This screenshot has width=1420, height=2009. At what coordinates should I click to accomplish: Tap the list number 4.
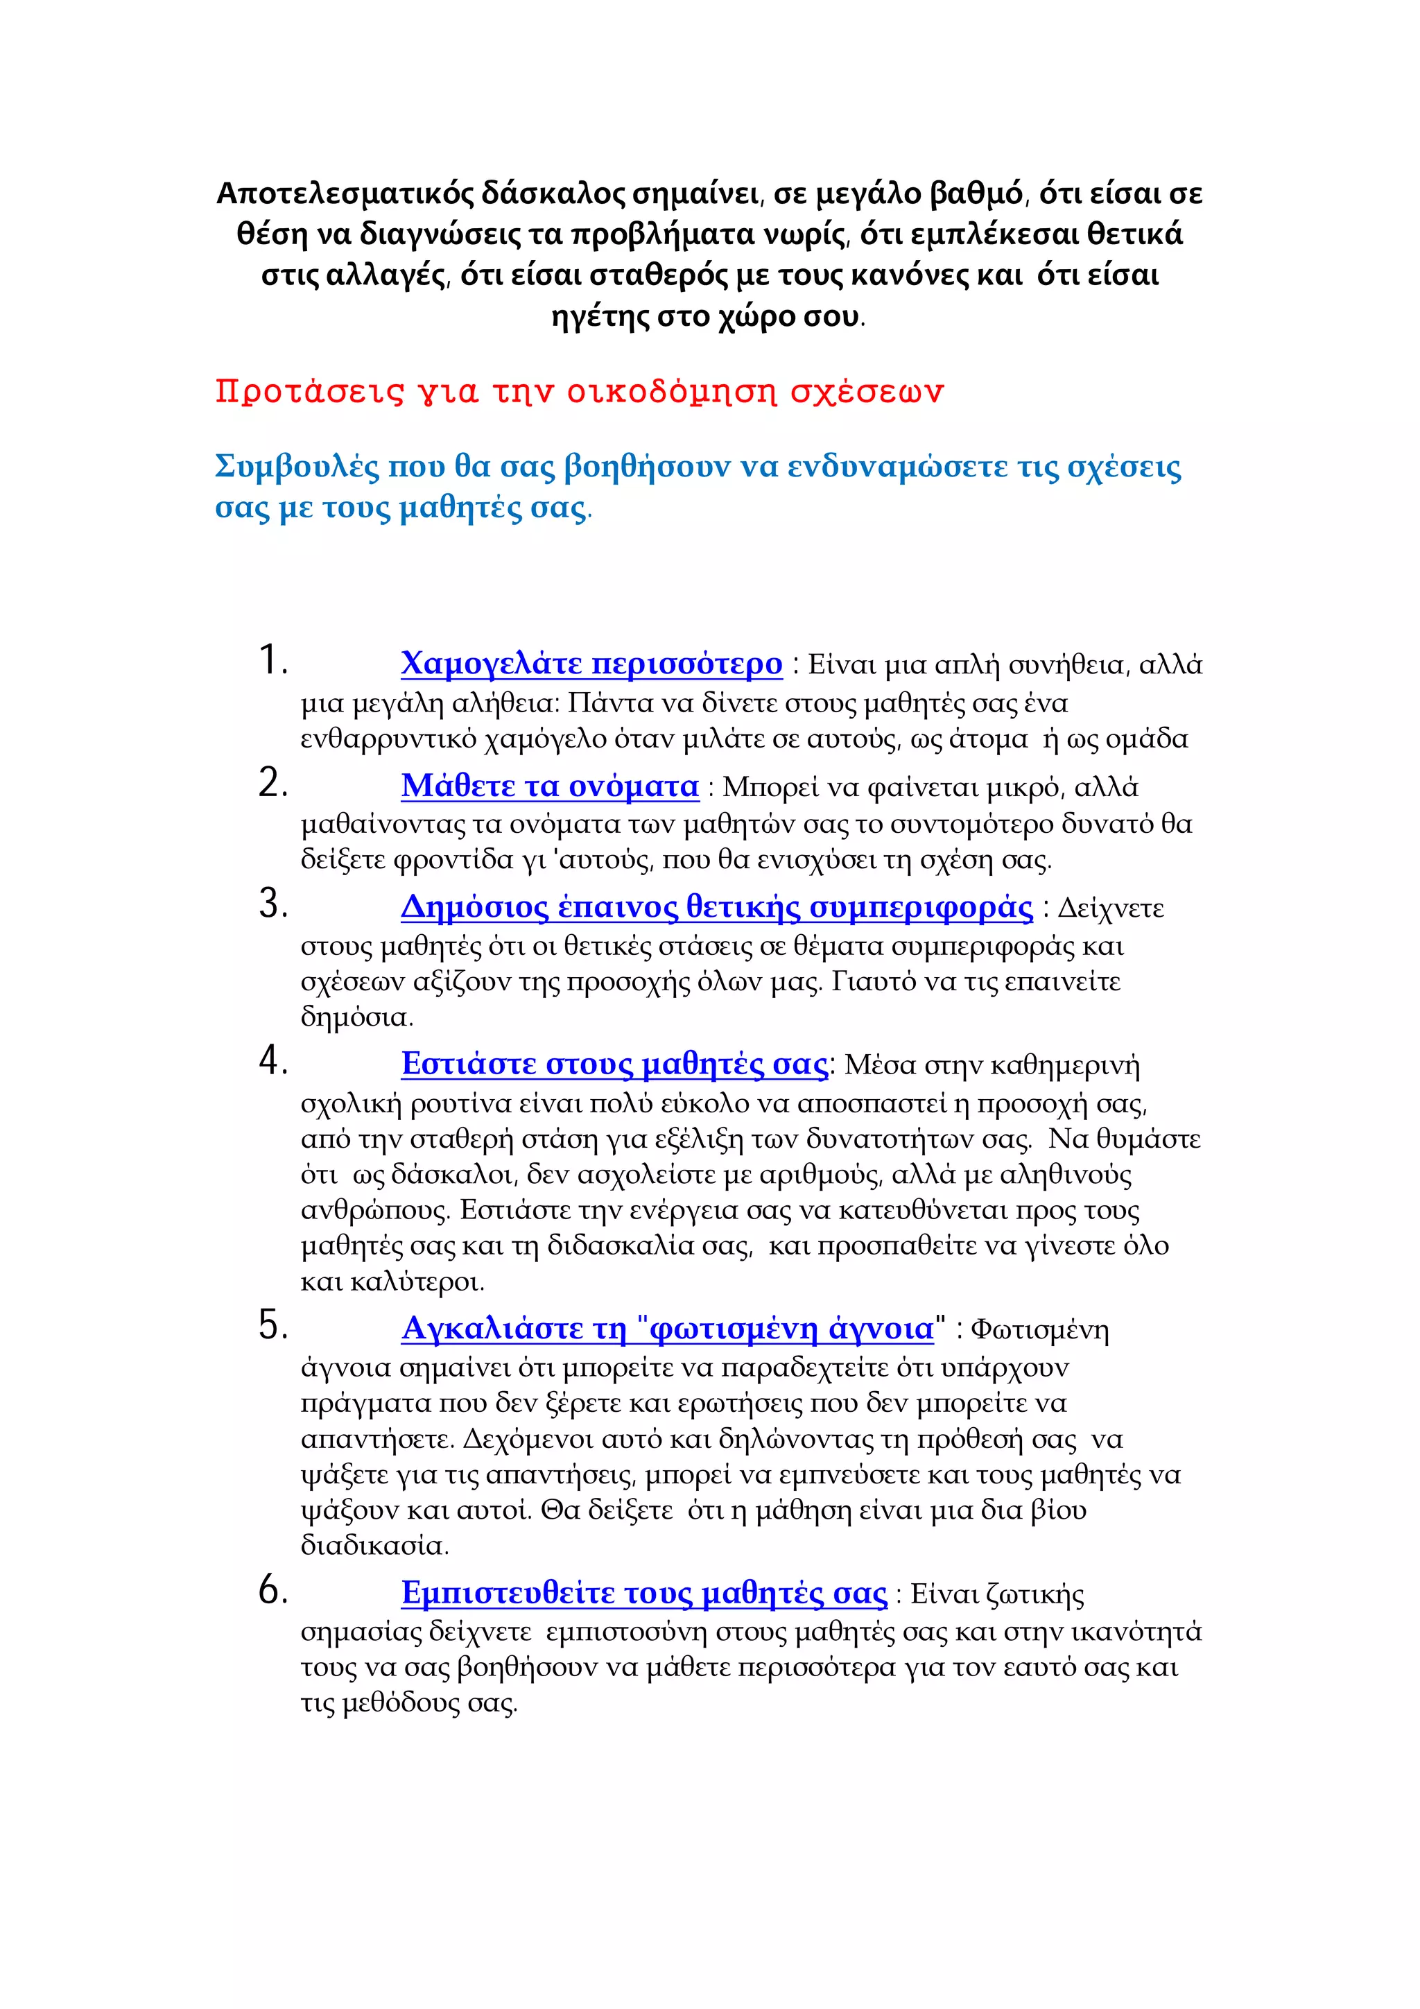[272, 1062]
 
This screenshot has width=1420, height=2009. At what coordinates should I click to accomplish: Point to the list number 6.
[272, 1590]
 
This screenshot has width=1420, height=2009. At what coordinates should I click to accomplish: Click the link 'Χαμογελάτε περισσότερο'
[591, 664]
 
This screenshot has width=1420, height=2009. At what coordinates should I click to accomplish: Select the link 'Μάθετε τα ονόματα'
[549, 786]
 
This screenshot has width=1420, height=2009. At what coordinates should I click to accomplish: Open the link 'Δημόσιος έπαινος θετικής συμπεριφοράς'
[716, 907]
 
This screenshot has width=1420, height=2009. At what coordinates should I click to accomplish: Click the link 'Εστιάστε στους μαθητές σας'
[614, 1064]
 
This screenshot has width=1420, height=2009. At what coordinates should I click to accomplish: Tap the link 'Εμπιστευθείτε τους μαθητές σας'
[644, 1594]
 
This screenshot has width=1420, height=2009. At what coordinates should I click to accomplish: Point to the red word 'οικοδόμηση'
[671, 391]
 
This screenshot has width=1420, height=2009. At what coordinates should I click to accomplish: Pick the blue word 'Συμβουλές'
[297, 467]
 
